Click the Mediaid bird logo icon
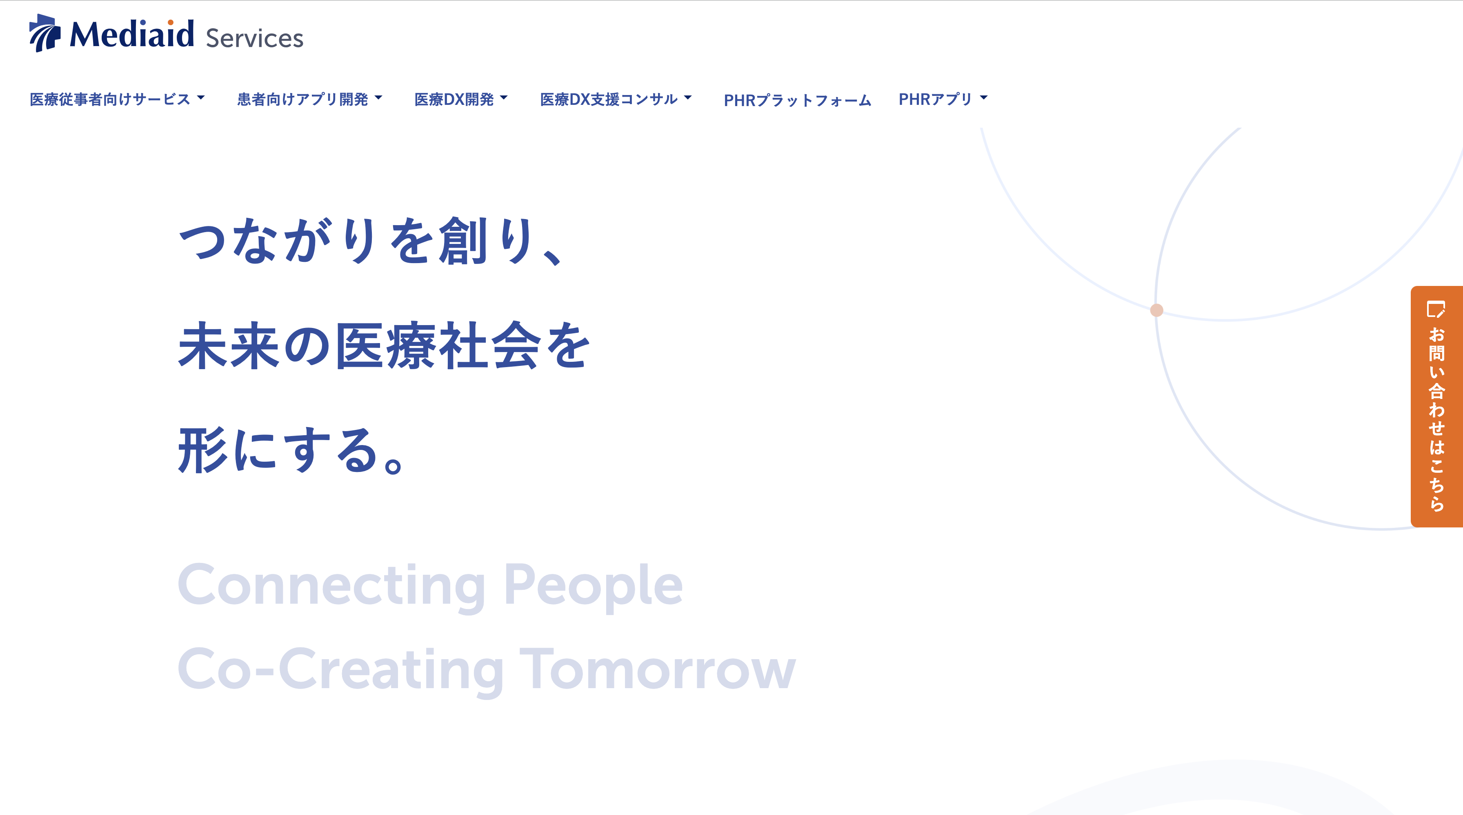coord(45,33)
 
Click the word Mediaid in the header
coord(132,33)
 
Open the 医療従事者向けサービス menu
coord(117,99)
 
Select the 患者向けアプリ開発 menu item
coord(309,99)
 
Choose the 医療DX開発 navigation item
coord(460,99)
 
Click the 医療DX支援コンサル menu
coord(616,99)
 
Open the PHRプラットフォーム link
coord(797,100)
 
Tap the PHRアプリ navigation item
coord(943,99)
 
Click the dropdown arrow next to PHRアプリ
coord(984,97)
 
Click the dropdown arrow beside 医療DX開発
coord(504,97)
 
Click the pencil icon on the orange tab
coord(1436,309)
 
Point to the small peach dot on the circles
coord(1156,310)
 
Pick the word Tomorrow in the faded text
coord(658,670)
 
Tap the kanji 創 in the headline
coord(463,241)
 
